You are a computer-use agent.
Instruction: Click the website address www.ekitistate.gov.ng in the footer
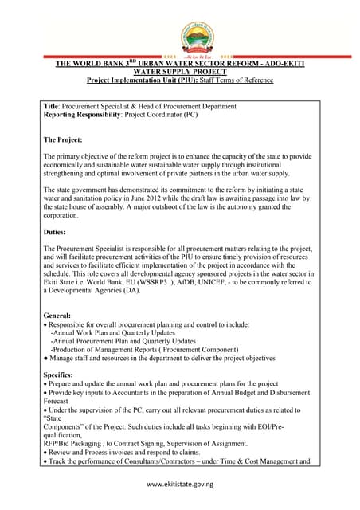point(180,484)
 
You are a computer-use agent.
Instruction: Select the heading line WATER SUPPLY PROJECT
point(180,71)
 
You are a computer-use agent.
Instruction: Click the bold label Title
point(51,106)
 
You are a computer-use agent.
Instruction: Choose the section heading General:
point(57,316)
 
